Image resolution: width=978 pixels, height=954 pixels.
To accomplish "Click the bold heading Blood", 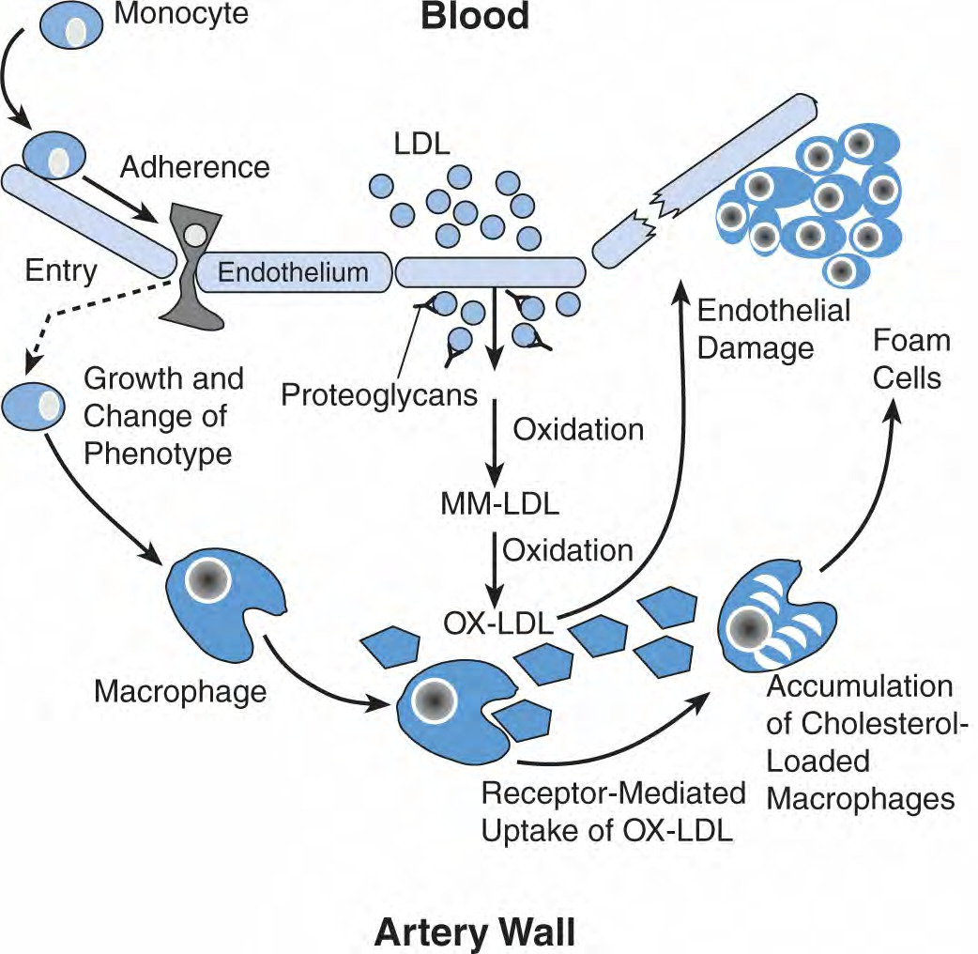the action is coord(475,16).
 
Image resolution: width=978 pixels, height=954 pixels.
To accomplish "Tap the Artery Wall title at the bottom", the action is coord(475,932).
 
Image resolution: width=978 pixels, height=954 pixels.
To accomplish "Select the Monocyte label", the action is coord(181,14).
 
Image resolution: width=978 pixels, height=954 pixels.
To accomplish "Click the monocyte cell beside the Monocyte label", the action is coord(71,26).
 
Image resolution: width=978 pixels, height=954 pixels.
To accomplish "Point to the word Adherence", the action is coord(195,167).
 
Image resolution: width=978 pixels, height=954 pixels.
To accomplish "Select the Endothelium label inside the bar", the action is coord(293,272).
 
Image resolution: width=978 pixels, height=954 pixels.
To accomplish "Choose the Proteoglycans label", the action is coord(379,395).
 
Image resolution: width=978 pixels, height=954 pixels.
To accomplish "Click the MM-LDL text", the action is coord(500,504).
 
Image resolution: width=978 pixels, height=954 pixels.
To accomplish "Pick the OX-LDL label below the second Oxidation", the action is coord(498,623).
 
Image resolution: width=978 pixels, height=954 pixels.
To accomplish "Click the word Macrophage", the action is coord(180,692).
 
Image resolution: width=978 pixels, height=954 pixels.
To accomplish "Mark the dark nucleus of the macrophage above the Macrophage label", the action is coord(208,580).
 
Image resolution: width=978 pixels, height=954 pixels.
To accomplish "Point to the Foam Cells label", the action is coord(910,360).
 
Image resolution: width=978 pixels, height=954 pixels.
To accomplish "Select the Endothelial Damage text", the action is coord(773,330).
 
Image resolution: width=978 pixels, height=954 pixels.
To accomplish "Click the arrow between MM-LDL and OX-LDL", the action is coord(495,569).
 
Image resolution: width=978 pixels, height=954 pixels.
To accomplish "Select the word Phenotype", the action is coord(158,454).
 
